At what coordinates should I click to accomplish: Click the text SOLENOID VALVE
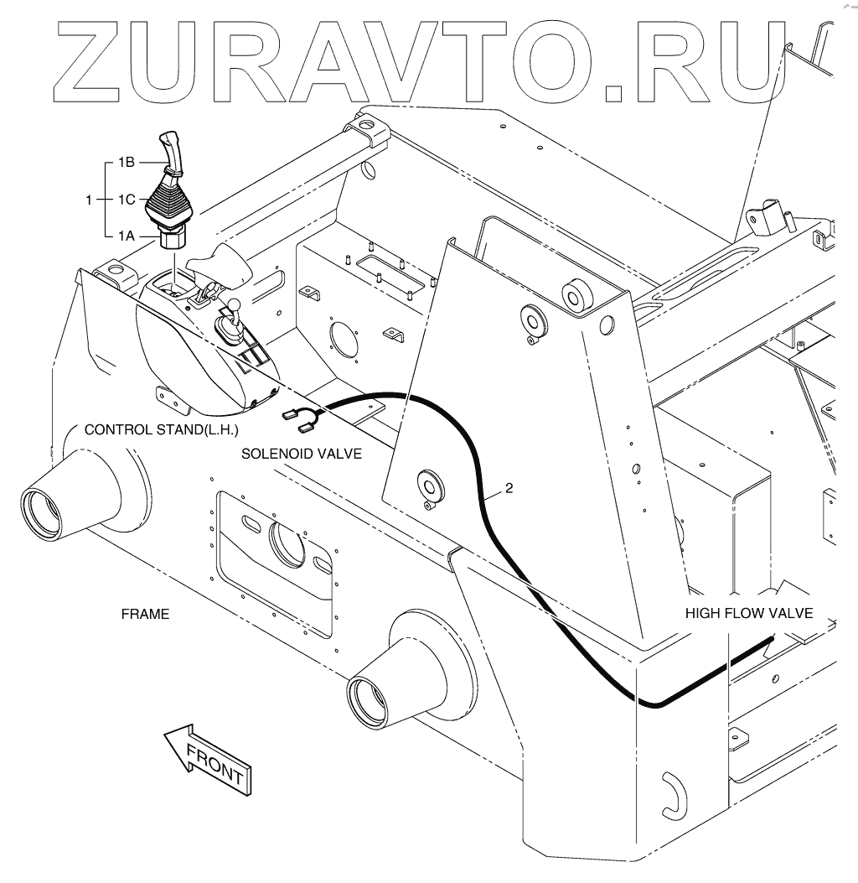coord(302,454)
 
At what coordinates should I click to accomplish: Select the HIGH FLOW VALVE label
coord(748,613)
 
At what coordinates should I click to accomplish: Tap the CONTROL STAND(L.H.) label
coord(163,430)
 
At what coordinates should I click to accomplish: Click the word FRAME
coord(145,614)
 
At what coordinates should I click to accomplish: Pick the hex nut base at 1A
coord(173,240)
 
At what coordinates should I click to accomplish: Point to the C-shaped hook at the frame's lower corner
coord(672,793)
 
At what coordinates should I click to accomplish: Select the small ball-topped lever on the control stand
coord(235,308)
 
